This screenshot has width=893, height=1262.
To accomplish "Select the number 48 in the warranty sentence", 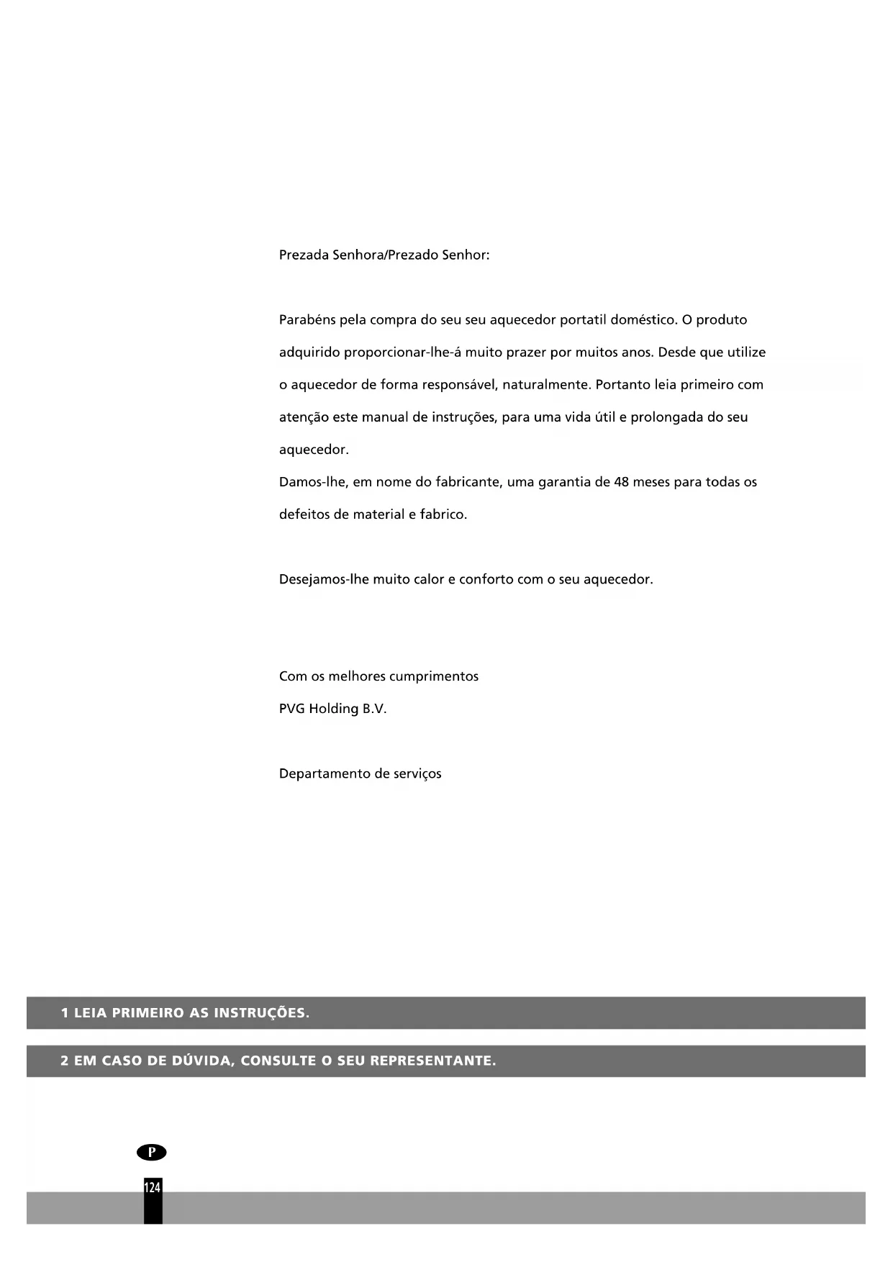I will (622, 482).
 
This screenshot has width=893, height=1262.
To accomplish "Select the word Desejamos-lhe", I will (324, 579).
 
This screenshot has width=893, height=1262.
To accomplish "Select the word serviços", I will (417, 774).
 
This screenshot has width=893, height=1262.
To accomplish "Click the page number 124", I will (153, 1187).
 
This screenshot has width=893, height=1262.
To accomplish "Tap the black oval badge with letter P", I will (151, 1152).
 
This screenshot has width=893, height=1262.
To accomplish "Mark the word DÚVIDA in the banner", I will (199, 1061).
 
